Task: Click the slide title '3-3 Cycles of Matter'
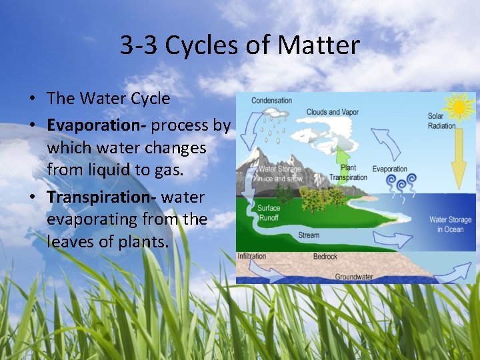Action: coord(240,45)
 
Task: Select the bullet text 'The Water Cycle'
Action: coord(108,99)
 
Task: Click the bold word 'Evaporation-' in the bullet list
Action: coord(97,125)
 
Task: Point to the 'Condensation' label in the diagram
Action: coord(271,101)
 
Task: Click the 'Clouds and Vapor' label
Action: coord(333,112)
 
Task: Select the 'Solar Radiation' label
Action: coord(441,121)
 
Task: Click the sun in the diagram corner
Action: coord(461,106)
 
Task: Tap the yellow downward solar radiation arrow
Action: coord(458,157)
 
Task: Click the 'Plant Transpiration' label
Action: coord(348,173)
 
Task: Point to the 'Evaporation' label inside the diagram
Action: coord(389,169)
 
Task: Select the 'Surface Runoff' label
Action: coord(269,212)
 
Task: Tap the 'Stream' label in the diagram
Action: coord(309,235)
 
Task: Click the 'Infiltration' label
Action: coord(252,256)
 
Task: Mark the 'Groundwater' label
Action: coord(353,277)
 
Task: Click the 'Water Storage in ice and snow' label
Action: coord(280,174)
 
